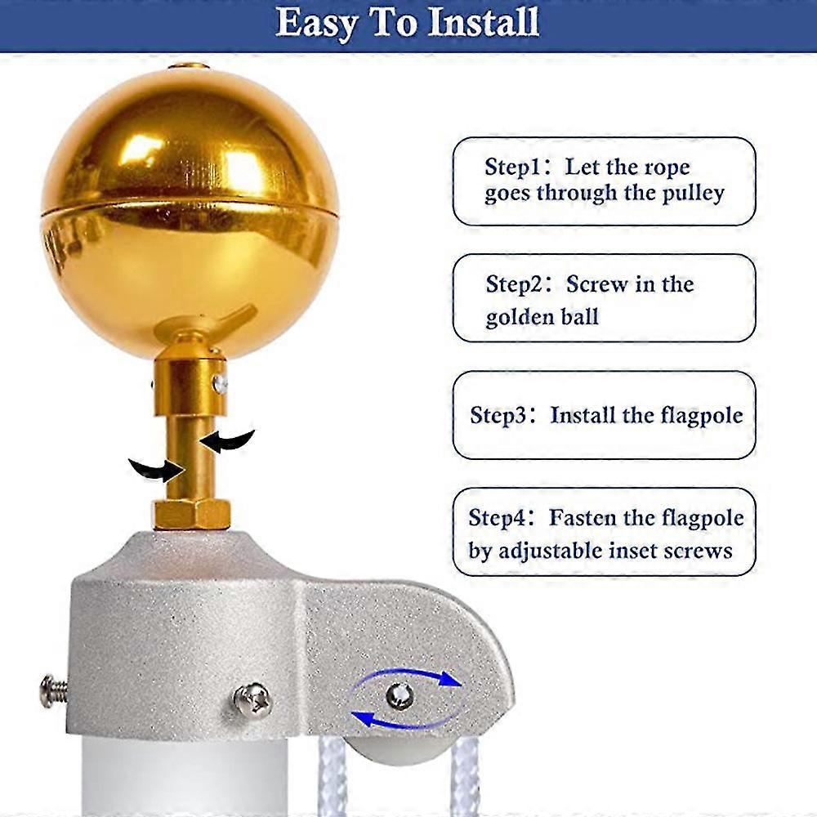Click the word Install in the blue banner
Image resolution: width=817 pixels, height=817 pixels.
(483, 22)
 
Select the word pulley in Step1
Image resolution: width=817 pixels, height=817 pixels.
(693, 194)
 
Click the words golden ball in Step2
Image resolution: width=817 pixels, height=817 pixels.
(542, 317)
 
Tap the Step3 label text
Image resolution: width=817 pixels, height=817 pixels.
(498, 416)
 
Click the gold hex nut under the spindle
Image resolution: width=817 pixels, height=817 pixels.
(192, 514)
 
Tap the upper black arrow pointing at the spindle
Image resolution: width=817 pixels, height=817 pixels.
(227, 441)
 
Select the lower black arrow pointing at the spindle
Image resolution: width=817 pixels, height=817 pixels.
(157, 470)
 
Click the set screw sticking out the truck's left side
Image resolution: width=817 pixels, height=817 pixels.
(54, 691)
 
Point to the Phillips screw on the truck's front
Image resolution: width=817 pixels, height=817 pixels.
(252, 699)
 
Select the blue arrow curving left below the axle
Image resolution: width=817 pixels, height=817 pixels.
(401, 721)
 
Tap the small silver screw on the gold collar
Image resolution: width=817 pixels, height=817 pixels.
(221, 384)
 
